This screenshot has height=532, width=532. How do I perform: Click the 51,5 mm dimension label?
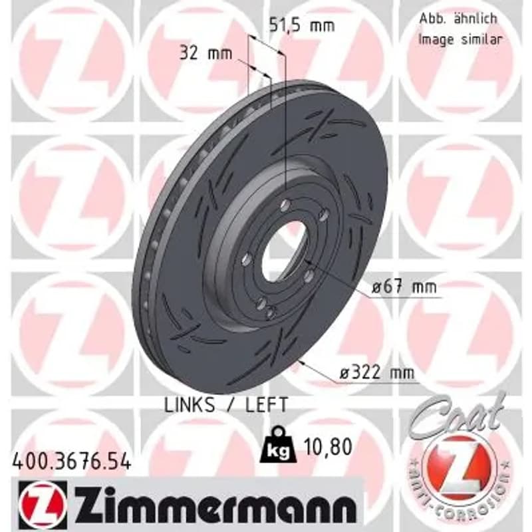point(302,25)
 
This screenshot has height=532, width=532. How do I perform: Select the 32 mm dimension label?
point(205,53)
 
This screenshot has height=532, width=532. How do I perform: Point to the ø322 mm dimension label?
point(377,373)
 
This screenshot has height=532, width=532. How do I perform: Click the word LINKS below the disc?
point(190,405)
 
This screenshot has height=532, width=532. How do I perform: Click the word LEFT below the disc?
point(267,405)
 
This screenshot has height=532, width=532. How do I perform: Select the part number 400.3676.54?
point(71,462)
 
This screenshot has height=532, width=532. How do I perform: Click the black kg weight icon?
point(278,445)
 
